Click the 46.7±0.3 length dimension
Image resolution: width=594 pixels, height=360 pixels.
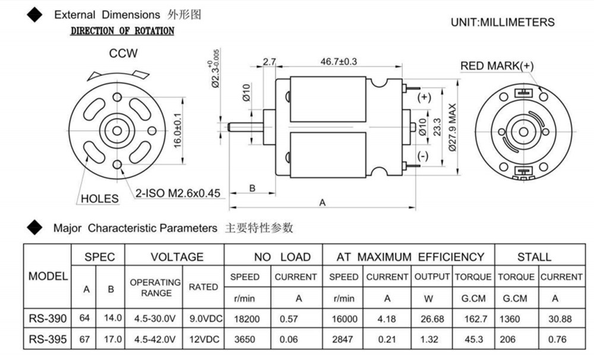coord(339,61)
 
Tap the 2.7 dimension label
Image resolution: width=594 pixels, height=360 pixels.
coord(269,61)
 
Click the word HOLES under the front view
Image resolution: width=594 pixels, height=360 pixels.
coord(99,198)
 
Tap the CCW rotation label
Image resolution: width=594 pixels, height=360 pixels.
coord(123,53)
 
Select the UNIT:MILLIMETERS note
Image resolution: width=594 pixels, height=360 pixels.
coord(503,23)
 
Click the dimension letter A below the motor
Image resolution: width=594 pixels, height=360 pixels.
coord(323,202)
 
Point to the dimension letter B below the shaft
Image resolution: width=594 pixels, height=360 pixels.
coord(252,188)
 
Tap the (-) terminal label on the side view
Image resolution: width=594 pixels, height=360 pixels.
coord(423,156)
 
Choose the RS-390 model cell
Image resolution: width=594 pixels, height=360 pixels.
coord(47,318)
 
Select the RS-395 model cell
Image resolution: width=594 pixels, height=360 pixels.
coord(47,339)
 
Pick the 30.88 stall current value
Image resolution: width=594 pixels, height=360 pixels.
coord(561,319)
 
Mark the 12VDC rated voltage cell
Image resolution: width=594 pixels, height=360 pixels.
coord(203,339)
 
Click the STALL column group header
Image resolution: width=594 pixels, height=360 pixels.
coord(534,257)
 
